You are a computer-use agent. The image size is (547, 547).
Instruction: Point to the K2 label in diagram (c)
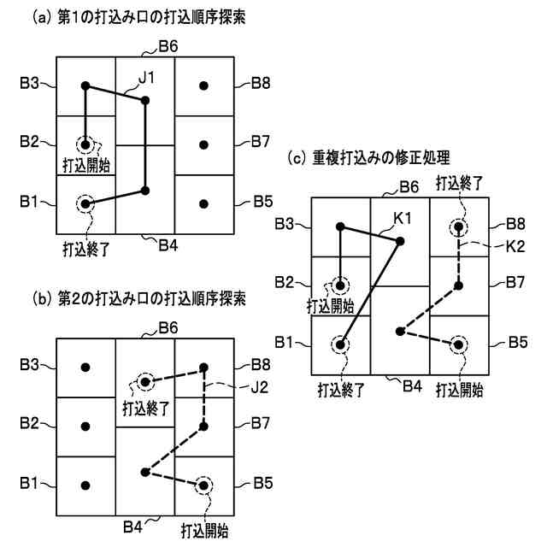[508, 246]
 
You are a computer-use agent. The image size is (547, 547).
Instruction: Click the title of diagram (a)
[139, 16]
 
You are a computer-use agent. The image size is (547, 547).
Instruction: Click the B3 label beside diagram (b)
[30, 365]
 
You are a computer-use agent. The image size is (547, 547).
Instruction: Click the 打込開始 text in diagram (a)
[89, 162]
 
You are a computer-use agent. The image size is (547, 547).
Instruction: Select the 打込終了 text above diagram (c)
[460, 183]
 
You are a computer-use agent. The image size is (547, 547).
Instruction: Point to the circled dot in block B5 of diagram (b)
[203, 485]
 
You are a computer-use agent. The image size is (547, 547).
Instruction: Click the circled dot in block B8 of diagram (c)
[460, 227]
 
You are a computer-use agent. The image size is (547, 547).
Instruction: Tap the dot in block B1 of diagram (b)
[85, 485]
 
